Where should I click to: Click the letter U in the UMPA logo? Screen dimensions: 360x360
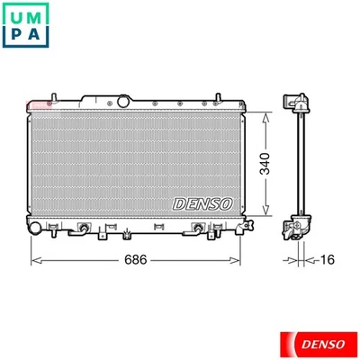(17, 15)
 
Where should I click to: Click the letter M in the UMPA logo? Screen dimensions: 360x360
(42, 15)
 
